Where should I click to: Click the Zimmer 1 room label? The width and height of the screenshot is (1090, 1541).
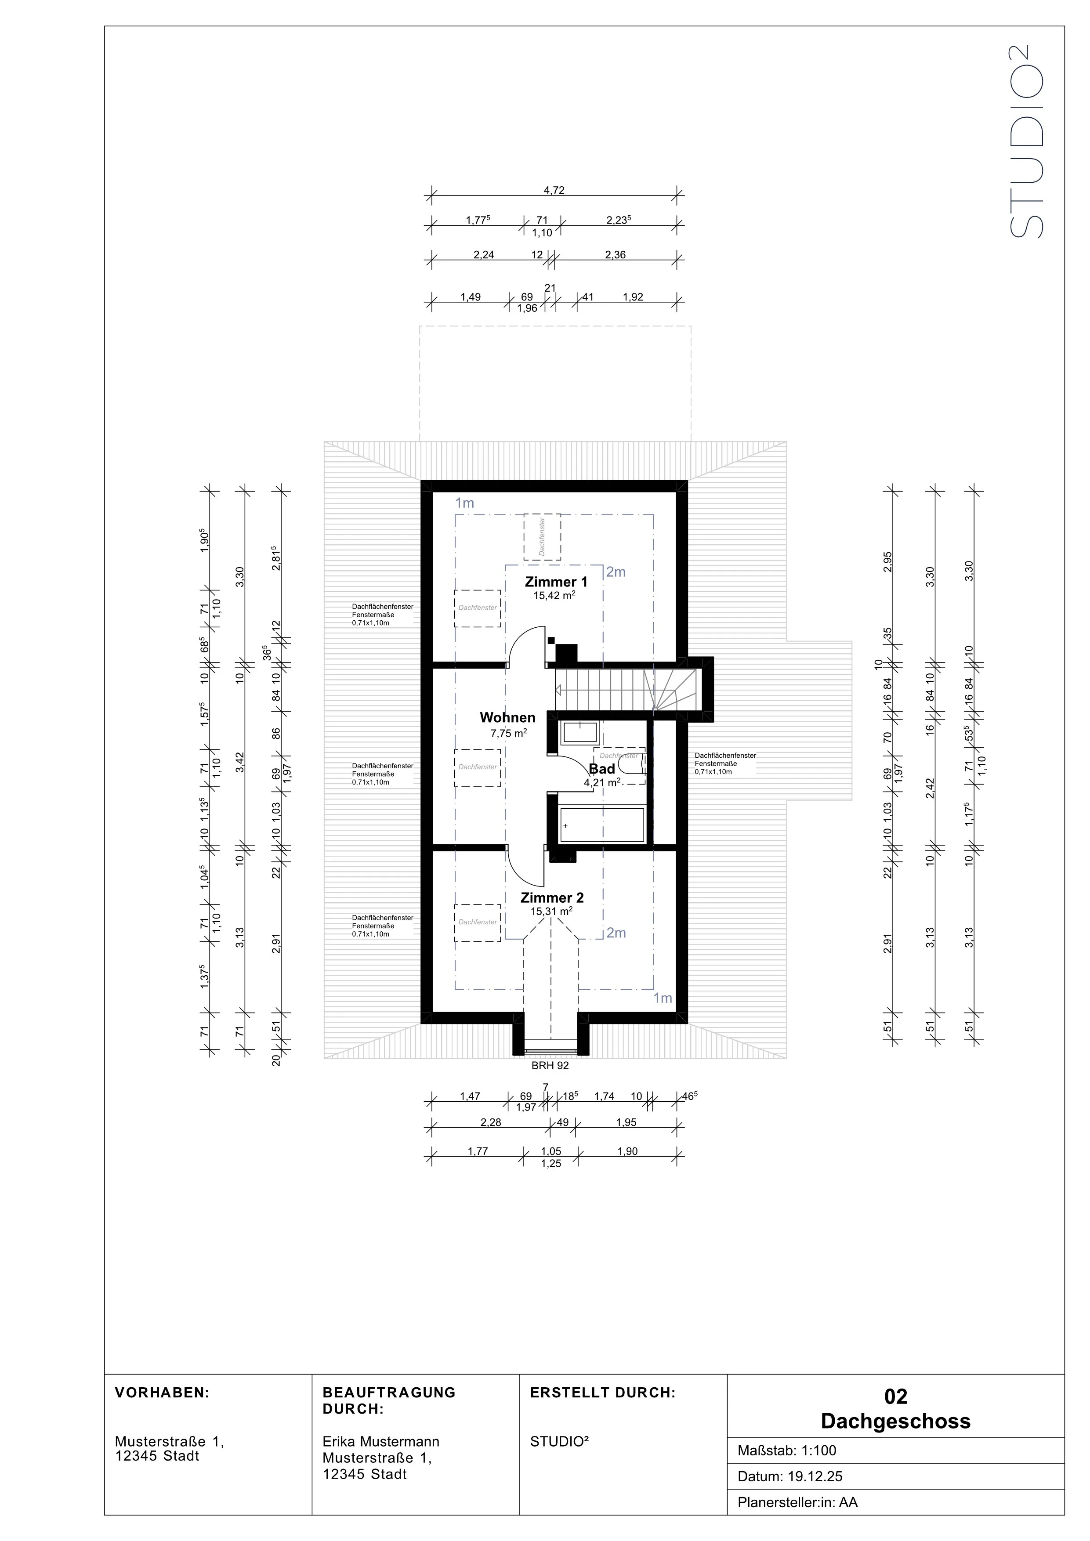(x=556, y=582)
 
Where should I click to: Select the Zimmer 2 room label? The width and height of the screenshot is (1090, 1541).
(x=552, y=897)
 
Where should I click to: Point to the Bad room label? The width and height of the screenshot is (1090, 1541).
(x=601, y=769)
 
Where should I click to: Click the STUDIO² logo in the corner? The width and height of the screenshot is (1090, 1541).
(x=1027, y=141)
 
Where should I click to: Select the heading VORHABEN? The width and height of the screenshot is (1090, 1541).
(x=163, y=1393)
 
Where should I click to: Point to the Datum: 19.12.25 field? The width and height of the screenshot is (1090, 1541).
(x=789, y=1476)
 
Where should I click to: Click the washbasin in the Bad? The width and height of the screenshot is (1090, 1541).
(x=580, y=732)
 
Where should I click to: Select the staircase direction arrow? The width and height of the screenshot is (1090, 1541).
(x=558, y=690)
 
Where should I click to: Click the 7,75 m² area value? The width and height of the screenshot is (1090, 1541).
(x=508, y=734)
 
